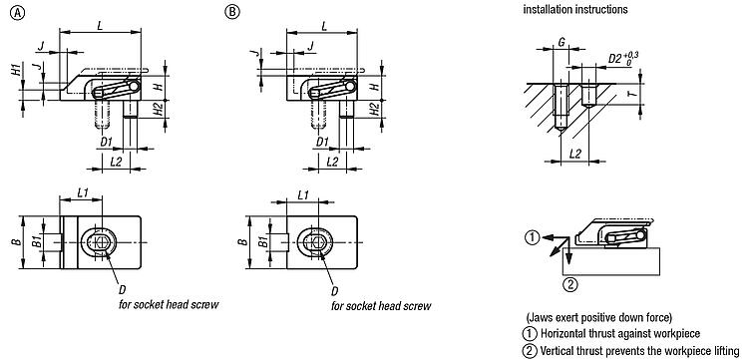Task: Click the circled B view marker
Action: pyautogui.click(x=232, y=13)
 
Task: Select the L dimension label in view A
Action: pyautogui.click(x=100, y=26)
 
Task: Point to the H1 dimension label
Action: pyautogui.click(x=17, y=70)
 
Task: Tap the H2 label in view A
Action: pyautogui.click(x=161, y=109)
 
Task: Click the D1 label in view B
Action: pyautogui.click(x=322, y=142)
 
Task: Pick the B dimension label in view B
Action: pyautogui.click(x=243, y=241)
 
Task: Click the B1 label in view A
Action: pyautogui.click(x=36, y=242)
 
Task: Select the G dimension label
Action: pyautogui.click(x=561, y=42)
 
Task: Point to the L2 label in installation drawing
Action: pyautogui.click(x=575, y=153)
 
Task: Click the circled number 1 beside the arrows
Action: pyautogui.click(x=533, y=236)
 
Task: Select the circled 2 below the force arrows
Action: pyautogui.click(x=571, y=285)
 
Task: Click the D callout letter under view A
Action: pyautogui.click(x=122, y=290)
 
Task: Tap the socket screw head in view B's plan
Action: pyautogui.click(x=313, y=241)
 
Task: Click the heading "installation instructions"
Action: pyautogui.click(x=575, y=9)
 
